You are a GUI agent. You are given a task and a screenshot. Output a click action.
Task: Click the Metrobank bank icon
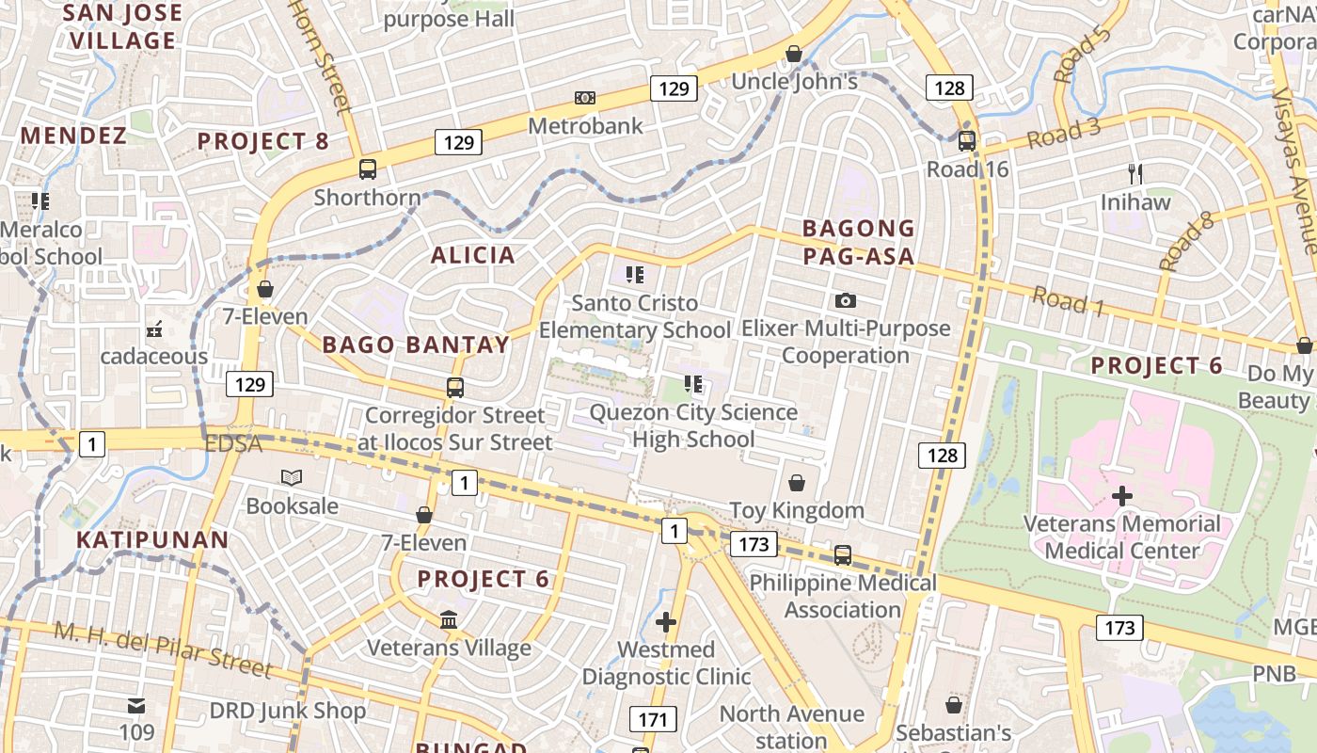(585, 98)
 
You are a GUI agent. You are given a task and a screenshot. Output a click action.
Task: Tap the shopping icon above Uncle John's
(794, 54)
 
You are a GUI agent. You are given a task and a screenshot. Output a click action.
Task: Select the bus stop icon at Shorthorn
(368, 169)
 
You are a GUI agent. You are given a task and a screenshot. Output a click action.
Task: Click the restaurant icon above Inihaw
(1135, 173)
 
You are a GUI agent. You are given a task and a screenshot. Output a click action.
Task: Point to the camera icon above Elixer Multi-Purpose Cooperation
(846, 300)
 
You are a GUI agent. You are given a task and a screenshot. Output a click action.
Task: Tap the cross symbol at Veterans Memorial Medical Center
(1122, 495)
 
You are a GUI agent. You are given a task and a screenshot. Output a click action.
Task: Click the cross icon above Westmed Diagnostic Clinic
(666, 621)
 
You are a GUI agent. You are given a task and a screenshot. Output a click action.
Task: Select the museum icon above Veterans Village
(449, 620)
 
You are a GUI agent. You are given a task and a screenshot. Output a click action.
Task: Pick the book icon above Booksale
(292, 478)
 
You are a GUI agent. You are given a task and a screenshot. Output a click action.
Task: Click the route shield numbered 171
(652, 720)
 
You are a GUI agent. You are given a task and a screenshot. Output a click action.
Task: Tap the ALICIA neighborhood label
(473, 255)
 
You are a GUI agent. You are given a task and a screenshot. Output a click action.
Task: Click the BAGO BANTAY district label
(416, 344)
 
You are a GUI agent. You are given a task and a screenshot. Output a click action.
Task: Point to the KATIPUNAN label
(152, 540)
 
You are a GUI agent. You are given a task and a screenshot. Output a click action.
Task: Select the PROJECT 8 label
(263, 142)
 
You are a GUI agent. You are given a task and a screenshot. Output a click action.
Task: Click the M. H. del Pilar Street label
(163, 649)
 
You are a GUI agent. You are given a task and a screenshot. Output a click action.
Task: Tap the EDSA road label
(232, 443)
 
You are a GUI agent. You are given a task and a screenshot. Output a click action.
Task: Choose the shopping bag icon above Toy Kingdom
(797, 483)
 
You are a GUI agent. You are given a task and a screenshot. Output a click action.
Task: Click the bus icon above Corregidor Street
(455, 388)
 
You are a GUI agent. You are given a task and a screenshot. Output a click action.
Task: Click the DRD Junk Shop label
(287, 710)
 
